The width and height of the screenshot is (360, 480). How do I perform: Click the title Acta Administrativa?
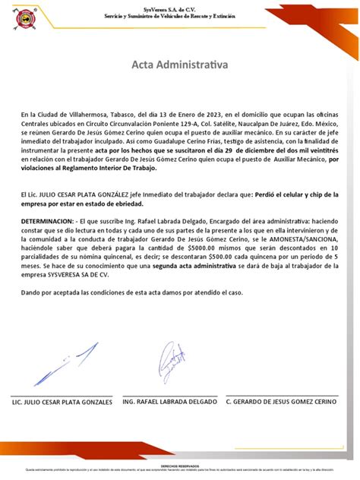click(x=179, y=66)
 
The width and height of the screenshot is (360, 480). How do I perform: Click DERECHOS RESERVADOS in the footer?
click(x=179, y=466)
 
